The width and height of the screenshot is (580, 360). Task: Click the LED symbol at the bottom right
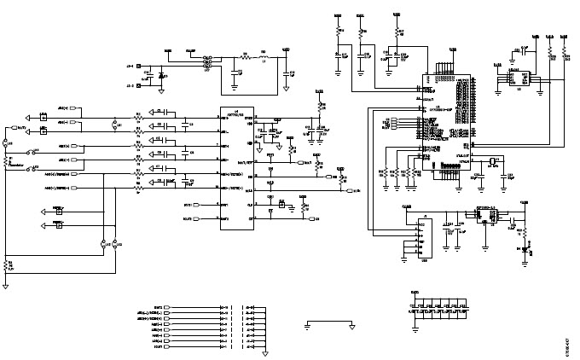530,249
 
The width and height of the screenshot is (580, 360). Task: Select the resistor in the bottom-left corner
9,265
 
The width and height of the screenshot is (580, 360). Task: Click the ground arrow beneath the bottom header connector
265,351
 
